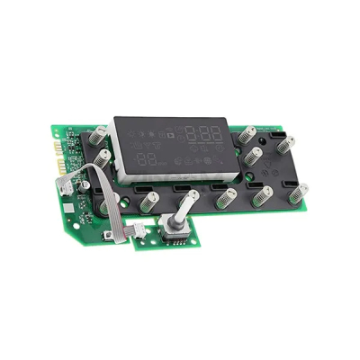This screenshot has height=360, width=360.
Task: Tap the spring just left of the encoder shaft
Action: point(146,202)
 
